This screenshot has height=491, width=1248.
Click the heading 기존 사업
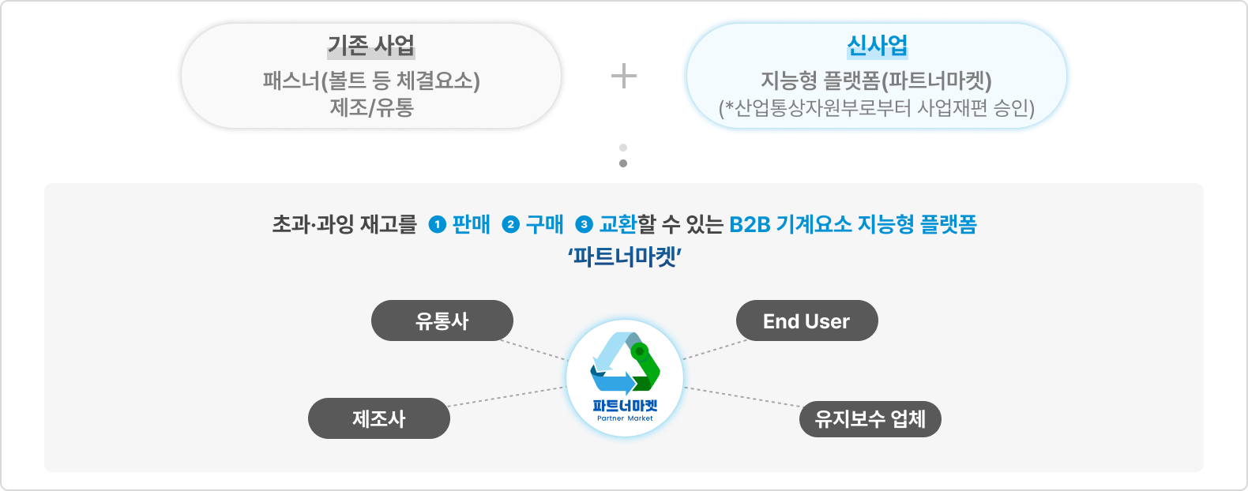click(x=371, y=46)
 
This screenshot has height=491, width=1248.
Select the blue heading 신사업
click(x=877, y=46)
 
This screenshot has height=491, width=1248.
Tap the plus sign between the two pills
click(x=623, y=76)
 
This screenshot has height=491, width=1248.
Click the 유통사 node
click(x=442, y=320)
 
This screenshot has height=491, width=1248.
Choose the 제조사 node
click(x=379, y=418)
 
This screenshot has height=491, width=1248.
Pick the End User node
click(x=806, y=320)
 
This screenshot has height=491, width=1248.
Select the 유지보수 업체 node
click(x=870, y=418)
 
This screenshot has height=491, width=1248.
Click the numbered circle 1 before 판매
click(x=437, y=225)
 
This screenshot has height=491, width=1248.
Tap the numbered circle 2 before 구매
click(x=510, y=225)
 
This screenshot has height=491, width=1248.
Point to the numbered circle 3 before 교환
click(x=584, y=225)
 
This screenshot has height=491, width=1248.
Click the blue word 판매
click(x=472, y=225)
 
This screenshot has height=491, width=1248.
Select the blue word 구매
click(x=545, y=225)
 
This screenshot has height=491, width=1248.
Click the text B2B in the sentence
click(x=750, y=225)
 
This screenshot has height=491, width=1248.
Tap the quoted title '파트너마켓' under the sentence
click(x=624, y=257)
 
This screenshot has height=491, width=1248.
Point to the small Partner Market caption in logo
click(x=625, y=418)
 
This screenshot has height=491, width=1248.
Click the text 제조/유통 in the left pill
click(x=371, y=107)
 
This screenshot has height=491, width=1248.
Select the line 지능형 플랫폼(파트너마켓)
click(x=876, y=81)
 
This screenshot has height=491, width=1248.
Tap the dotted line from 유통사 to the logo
click(x=534, y=350)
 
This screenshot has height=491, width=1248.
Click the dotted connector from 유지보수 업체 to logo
click(x=742, y=397)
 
